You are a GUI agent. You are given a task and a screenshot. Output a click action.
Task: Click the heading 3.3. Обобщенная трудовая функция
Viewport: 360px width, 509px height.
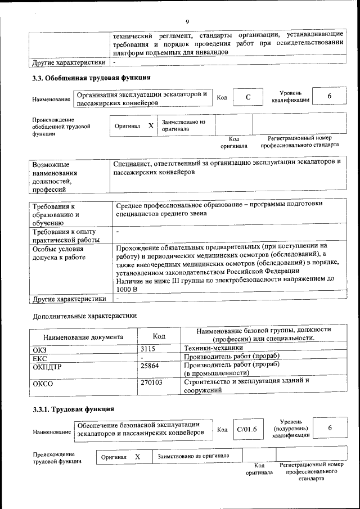point(92,78)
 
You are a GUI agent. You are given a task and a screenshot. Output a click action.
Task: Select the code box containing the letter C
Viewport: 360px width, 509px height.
point(247,97)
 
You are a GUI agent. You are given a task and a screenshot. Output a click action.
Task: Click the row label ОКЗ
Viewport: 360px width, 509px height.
point(40,349)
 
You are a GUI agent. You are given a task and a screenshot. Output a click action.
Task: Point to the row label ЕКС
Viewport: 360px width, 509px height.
point(40,358)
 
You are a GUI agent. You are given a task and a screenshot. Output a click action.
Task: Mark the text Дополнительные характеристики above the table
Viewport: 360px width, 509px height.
point(85,316)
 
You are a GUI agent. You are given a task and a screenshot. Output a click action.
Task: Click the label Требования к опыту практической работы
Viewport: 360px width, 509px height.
point(64,236)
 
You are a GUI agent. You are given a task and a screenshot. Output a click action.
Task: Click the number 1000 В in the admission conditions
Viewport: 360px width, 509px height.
point(127,289)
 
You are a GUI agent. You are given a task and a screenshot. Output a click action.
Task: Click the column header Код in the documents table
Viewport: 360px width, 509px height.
point(159,336)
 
